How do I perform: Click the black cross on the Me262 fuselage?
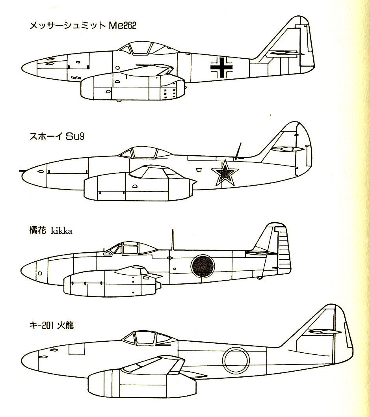coord(222,68)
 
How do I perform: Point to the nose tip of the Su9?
coord(21,172)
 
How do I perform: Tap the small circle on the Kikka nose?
coord(40,273)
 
